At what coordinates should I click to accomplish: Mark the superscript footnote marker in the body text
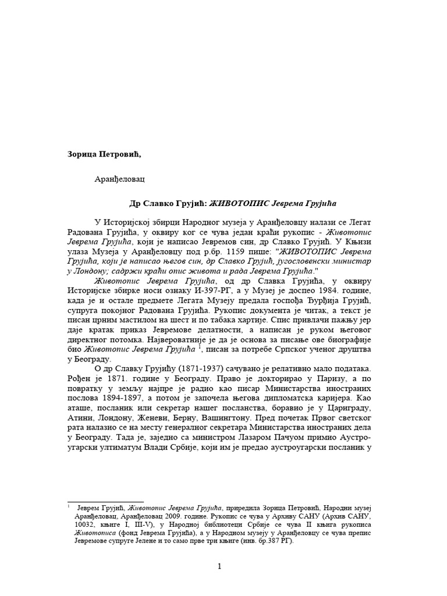pyautogui.click(x=200, y=346)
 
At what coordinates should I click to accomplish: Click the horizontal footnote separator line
pyautogui.click(x=105, y=501)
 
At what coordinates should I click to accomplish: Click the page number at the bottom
pyautogui.click(x=219, y=567)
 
